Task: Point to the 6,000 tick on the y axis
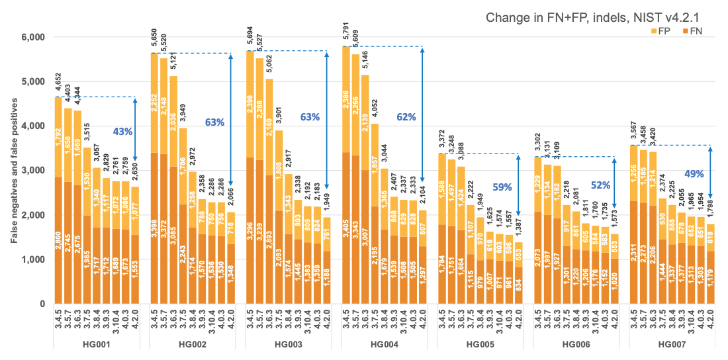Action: (x=30, y=37)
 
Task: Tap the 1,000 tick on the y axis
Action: (x=30, y=259)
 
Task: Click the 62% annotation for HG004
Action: (x=406, y=117)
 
